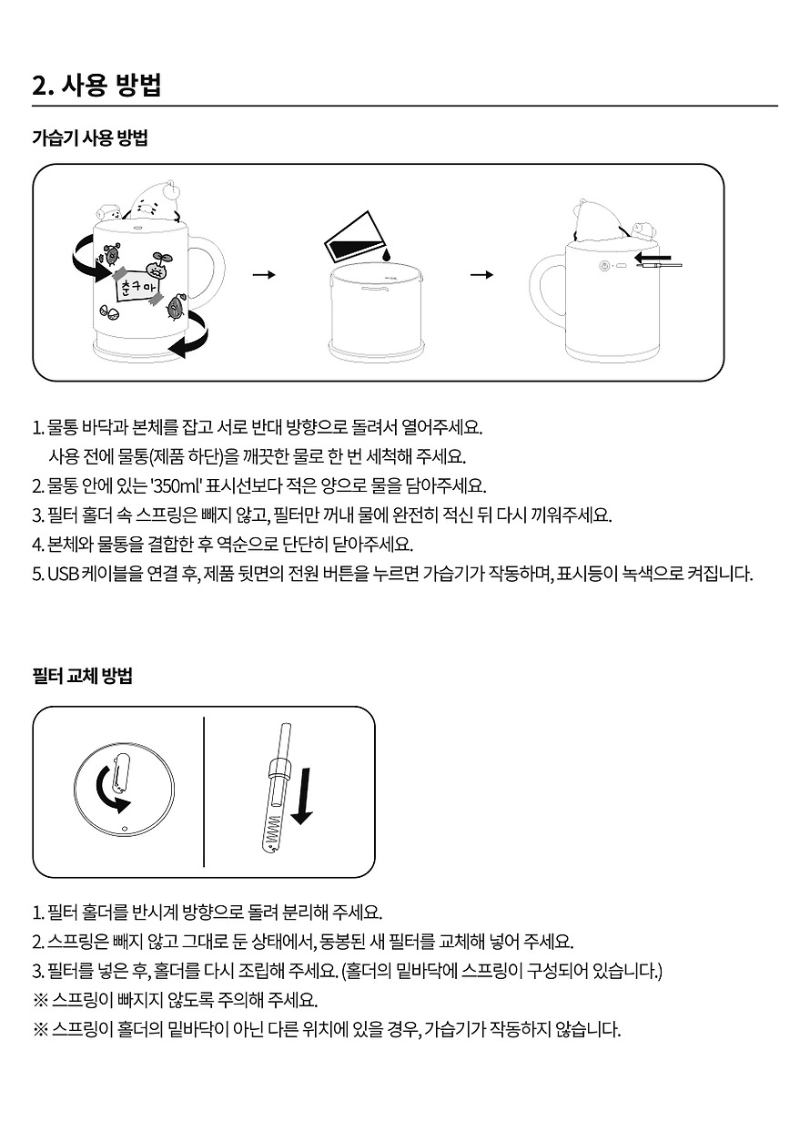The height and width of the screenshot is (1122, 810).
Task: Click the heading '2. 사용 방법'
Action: [x=96, y=86]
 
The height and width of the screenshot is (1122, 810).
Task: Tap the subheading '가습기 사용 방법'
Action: [x=90, y=138]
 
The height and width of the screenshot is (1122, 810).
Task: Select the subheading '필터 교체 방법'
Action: [x=83, y=676]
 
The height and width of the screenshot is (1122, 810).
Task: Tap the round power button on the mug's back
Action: [x=604, y=266]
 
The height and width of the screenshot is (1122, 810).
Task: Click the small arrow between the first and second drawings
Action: [x=264, y=274]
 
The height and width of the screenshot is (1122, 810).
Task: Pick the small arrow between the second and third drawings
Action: [x=481, y=274]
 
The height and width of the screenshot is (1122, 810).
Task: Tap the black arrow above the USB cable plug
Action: [x=652, y=258]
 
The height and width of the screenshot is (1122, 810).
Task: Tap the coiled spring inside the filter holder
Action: [x=274, y=829]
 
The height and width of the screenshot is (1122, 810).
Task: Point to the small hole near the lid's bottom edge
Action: [x=125, y=828]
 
